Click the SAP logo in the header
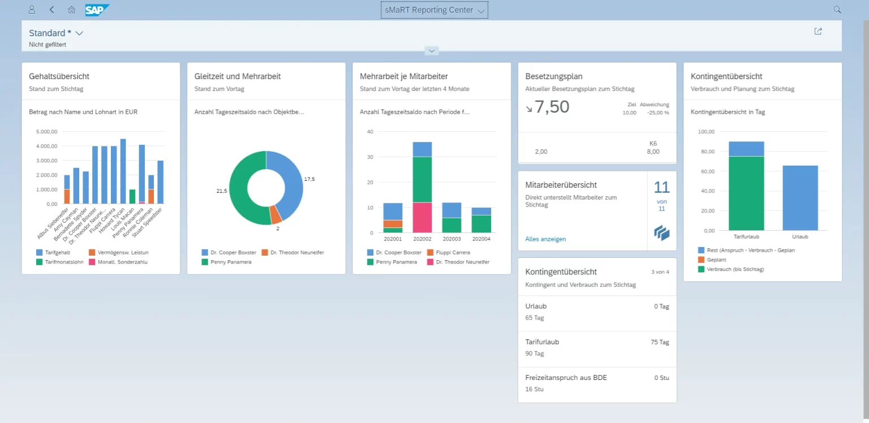[x=97, y=10]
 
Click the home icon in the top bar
[x=71, y=10]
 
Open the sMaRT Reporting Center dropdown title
[x=434, y=10]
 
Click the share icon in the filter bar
[x=818, y=32]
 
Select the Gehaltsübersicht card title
[x=59, y=76]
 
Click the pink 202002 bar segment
[x=422, y=217]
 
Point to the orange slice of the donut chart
[x=276, y=214]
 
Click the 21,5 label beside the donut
[x=221, y=191]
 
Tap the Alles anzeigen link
[x=545, y=239]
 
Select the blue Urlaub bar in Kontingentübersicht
[x=800, y=198]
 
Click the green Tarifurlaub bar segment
[x=746, y=193]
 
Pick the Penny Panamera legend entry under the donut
[x=229, y=262]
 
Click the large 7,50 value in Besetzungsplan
[x=552, y=107]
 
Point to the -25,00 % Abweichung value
[x=658, y=113]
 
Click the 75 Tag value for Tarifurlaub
[x=660, y=342]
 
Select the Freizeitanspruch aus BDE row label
[x=566, y=378]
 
